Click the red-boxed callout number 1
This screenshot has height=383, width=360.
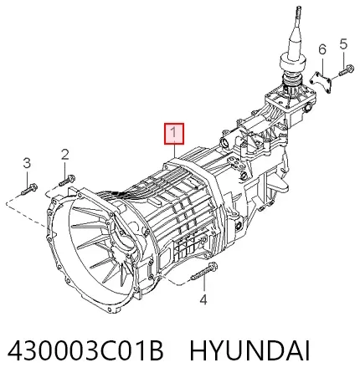click(x=174, y=134)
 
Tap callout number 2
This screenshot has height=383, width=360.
click(x=64, y=154)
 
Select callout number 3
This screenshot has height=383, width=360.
click(x=27, y=163)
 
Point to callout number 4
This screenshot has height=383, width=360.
click(x=203, y=299)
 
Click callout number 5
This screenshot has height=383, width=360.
click(x=343, y=44)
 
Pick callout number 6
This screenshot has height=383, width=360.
click(x=322, y=49)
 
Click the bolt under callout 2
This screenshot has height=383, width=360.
click(x=67, y=180)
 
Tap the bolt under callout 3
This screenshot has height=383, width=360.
click(x=29, y=189)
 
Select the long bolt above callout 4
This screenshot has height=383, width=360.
click(x=204, y=271)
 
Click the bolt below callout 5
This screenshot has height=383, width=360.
click(x=347, y=69)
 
